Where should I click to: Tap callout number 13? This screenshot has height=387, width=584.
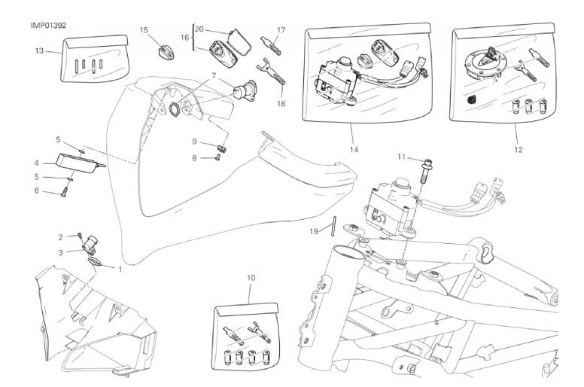[x=40, y=51]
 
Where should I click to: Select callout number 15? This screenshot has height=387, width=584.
[x=144, y=30]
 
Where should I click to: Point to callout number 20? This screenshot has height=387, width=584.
[x=199, y=29]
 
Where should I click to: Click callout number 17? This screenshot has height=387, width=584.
[x=280, y=30]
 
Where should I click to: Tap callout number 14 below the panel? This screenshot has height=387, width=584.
[x=352, y=149]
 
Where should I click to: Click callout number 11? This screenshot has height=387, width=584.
[x=402, y=157]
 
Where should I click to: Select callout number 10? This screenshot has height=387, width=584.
[x=251, y=278]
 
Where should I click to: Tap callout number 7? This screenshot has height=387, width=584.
[x=214, y=75]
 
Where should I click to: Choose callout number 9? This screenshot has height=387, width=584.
[x=193, y=142]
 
